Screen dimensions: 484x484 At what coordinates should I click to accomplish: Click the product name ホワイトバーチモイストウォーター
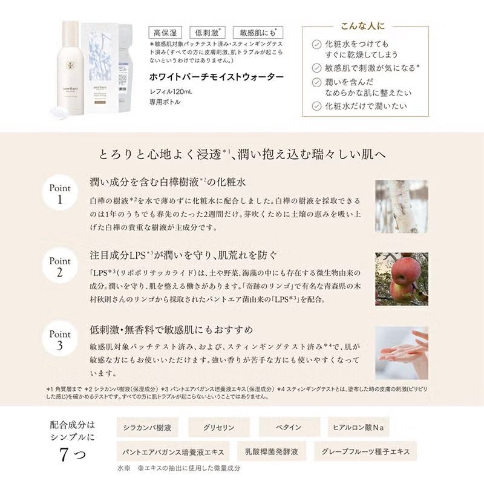click(x=216, y=77)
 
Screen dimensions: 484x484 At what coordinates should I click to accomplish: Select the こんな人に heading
click(x=363, y=27)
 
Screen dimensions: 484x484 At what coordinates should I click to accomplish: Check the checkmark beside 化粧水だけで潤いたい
click(x=316, y=106)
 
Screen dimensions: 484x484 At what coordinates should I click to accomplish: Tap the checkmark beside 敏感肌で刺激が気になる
click(x=316, y=67)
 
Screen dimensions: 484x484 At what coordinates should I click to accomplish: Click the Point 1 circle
click(x=60, y=194)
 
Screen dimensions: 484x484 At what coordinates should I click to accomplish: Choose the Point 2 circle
click(x=60, y=267)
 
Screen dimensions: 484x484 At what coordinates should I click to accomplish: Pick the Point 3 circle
click(x=60, y=340)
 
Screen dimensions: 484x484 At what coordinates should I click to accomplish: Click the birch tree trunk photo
click(x=401, y=206)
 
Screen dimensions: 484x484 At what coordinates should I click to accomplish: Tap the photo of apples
click(x=401, y=279)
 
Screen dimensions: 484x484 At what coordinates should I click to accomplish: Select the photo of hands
click(x=401, y=352)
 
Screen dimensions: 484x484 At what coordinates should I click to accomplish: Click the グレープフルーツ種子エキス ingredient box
click(x=370, y=451)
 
